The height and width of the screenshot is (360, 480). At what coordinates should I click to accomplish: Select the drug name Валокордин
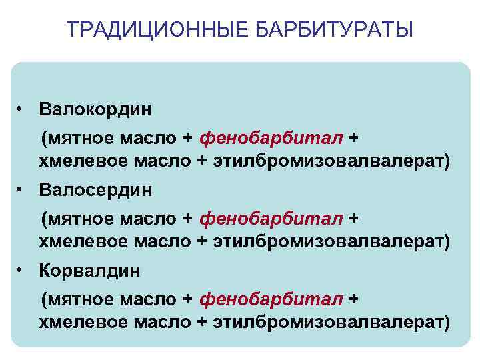[x=95, y=108]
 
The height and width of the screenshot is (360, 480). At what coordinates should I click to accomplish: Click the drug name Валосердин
[x=95, y=190]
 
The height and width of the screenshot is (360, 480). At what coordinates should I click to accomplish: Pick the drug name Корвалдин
[x=90, y=271]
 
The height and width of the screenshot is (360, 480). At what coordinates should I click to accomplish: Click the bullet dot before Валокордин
[x=22, y=107]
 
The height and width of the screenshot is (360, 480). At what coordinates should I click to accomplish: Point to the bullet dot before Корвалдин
[x=22, y=270]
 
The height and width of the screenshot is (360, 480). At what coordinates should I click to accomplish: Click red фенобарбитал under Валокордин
[x=272, y=137]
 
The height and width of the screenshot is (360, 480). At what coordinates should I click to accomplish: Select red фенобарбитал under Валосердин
[x=272, y=219]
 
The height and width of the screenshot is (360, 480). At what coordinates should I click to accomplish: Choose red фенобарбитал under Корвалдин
[x=272, y=300]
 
